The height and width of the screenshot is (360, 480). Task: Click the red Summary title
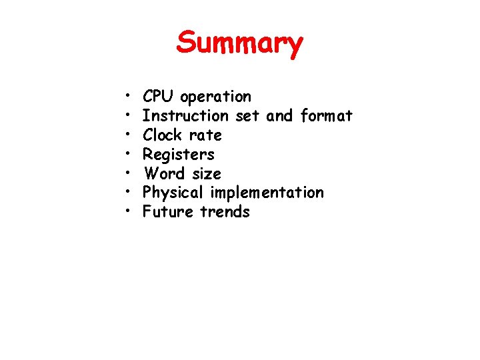coord(240,44)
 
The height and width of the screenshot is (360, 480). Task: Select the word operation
coord(216,97)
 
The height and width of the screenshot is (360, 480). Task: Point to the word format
coord(326,116)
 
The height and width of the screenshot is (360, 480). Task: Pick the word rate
coord(205,135)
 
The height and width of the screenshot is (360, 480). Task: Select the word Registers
coord(179,155)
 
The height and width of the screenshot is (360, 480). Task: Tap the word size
coord(207,174)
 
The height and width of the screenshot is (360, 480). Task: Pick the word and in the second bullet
coord(279,116)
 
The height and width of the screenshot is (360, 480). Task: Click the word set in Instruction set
coord(247,116)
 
